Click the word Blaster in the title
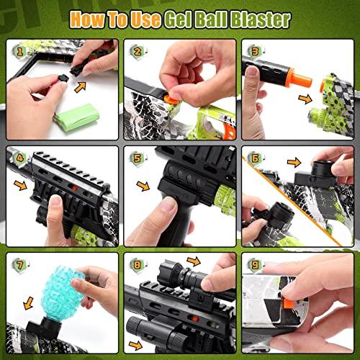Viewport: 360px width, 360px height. point(261,20)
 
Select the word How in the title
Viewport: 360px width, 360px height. point(88,19)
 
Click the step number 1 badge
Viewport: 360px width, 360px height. point(19,52)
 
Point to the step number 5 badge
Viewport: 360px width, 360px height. point(138,158)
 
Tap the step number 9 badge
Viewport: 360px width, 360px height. point(255,265)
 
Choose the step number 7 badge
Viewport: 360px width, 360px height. point(19,265)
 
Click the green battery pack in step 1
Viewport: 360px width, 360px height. point(77,118)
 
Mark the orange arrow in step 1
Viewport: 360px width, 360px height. point(80,87)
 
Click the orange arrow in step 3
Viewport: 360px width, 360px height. point(305,99)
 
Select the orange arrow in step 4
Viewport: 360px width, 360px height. point(20,186)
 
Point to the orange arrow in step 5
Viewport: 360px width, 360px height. point(143,186)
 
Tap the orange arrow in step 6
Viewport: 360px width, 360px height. point(294,163)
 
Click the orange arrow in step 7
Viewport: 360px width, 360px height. point(29,303)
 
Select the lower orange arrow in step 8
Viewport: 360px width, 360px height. point(135,346)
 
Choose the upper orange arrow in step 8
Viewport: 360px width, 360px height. point(194,261)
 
